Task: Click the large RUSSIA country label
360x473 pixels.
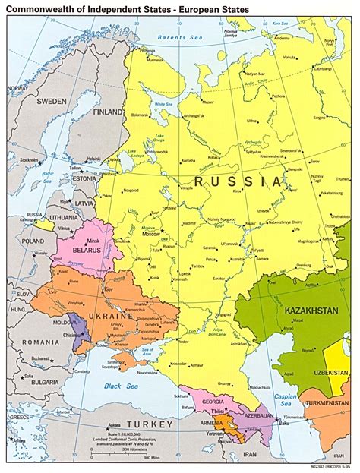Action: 237,182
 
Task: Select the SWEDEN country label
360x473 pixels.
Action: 47,101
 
